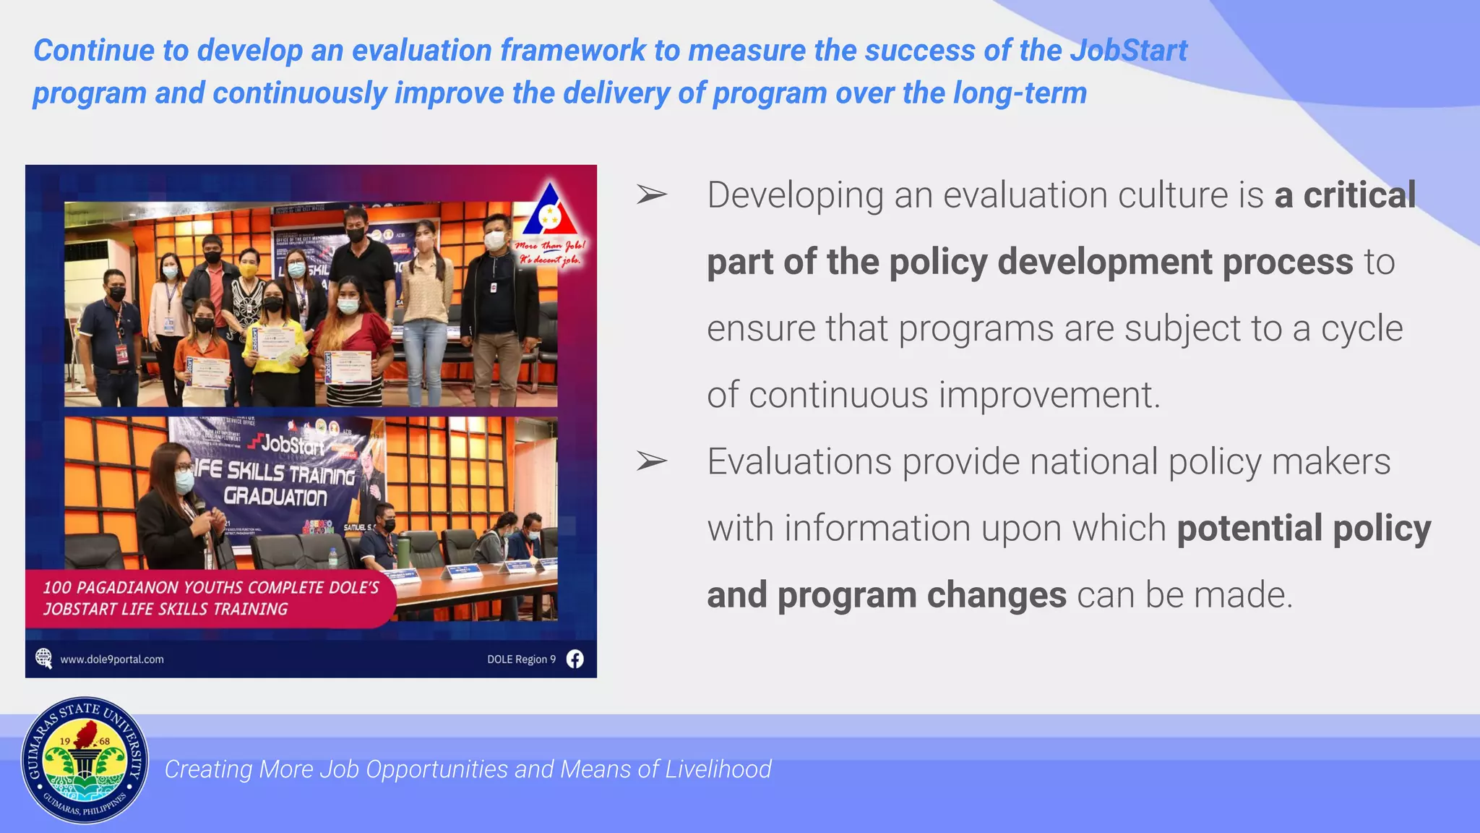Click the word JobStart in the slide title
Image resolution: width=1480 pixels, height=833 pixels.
pyautogui.click(x=1128, y=51)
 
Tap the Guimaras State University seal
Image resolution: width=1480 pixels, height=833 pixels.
pyautogui.click(x=85, y=761)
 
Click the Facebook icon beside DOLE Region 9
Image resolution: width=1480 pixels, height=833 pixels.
pyautogui.click(x=575, y=659)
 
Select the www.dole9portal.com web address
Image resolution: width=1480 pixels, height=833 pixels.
pyautogui.click(x=112, y=659)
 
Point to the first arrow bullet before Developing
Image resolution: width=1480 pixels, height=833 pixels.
pyautogui.click(x=651, y=195)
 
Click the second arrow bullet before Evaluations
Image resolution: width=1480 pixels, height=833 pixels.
pyautogui.click(x=651, y=461)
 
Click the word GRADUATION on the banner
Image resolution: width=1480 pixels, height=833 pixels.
pyautogui.click(x=275, y=497)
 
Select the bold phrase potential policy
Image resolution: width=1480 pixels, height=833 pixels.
pyautogui.click(x=1304, y=529)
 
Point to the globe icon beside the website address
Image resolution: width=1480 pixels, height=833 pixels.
pyautogui.click(x=44, y=658)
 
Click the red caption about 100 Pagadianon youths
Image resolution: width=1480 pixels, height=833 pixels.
pyautogui.click(x=210, y=598)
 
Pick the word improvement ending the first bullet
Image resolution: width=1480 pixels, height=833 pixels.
pyautogui.click(x=1049, y=395)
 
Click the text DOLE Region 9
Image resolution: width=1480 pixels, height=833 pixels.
pyautogui.click(x=521, y=659)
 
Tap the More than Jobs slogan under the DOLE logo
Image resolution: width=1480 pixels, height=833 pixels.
pyautogui.click(x=551, y=252)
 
